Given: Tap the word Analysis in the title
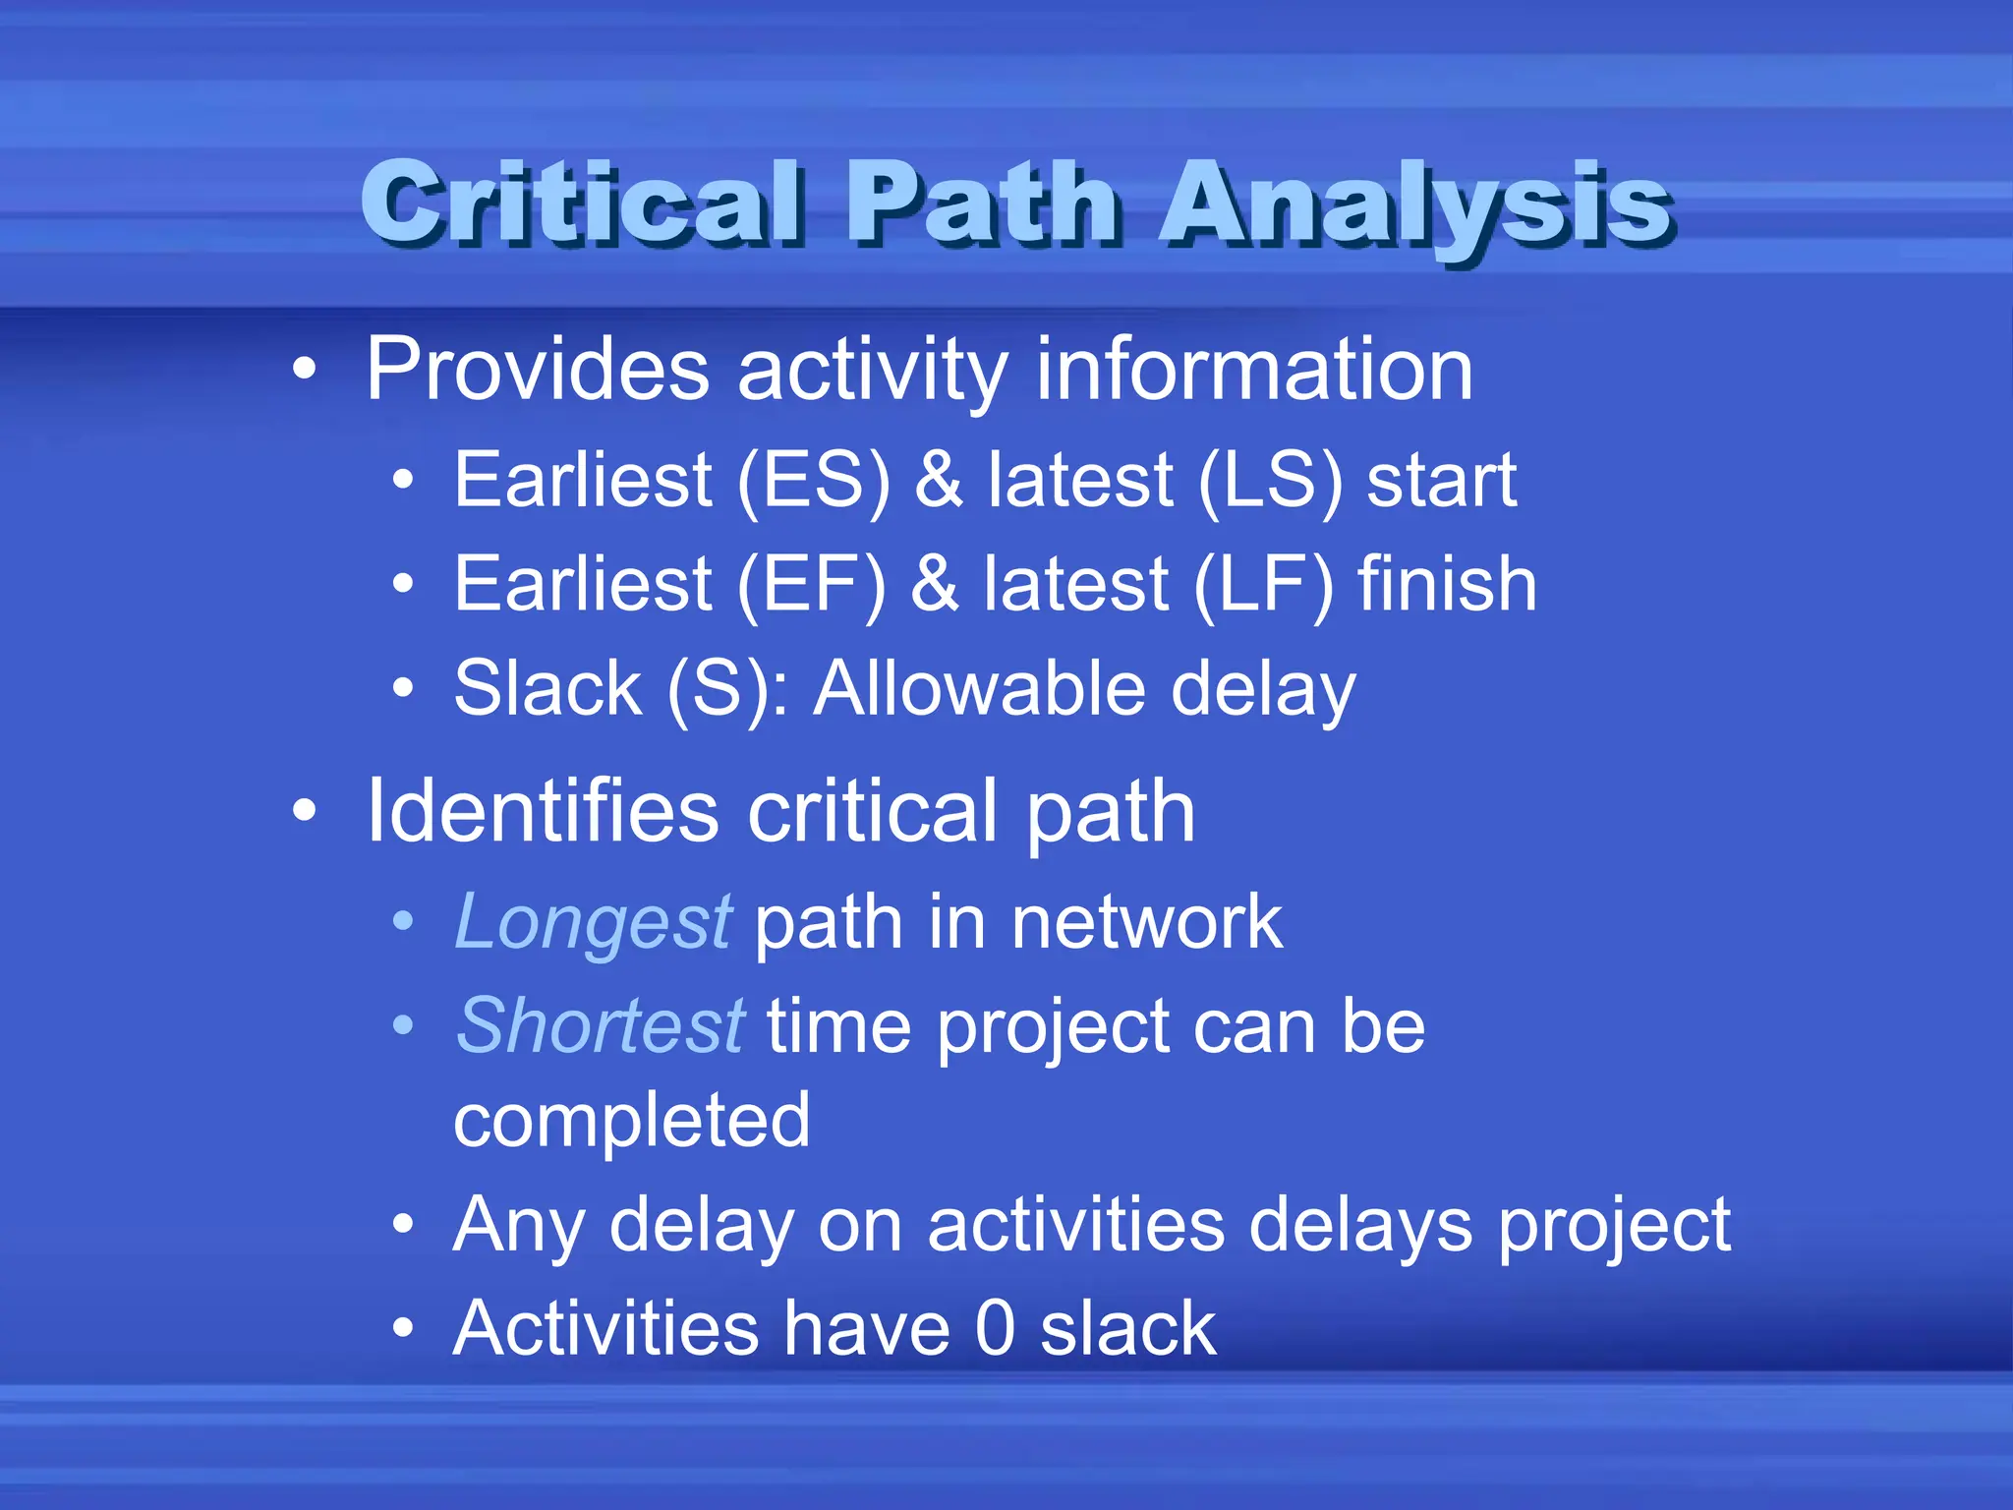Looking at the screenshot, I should tap(1415, 204).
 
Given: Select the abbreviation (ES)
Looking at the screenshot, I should tap(813, 481).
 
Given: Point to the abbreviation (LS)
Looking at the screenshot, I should tap(1270, 481).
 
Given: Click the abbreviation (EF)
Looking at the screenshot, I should tap(810, 585).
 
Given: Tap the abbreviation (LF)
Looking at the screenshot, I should tap(1264, 585).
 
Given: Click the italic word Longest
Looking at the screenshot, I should tap(593, 924).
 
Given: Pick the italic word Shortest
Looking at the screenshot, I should tap(601, 1026).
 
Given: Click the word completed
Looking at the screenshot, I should tap(632, 1121).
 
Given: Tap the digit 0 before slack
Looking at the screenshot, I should tap(995, 1329).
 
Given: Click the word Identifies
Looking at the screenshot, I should tap(543, 812).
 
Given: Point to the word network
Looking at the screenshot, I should tap(1147, 923).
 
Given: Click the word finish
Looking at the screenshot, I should tap(1447, 585).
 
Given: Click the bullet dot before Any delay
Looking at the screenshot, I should tap(403, 1226).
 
